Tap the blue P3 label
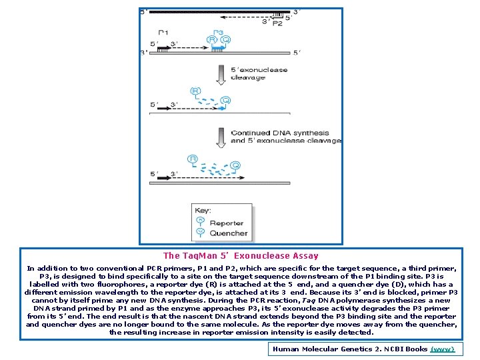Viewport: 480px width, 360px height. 218,32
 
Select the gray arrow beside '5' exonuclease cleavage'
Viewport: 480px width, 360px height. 219,73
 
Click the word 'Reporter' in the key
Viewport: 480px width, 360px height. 227,223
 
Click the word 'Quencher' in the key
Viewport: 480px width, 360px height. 229,233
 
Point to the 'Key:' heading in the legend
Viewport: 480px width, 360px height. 203,211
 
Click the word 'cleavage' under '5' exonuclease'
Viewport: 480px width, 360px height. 248,77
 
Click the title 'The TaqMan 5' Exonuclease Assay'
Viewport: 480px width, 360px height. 241,255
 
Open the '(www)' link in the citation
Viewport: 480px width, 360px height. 443,349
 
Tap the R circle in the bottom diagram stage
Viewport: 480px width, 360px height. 193,159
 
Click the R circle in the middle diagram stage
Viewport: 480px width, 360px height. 195,91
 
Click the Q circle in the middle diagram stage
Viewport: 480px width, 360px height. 226,101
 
